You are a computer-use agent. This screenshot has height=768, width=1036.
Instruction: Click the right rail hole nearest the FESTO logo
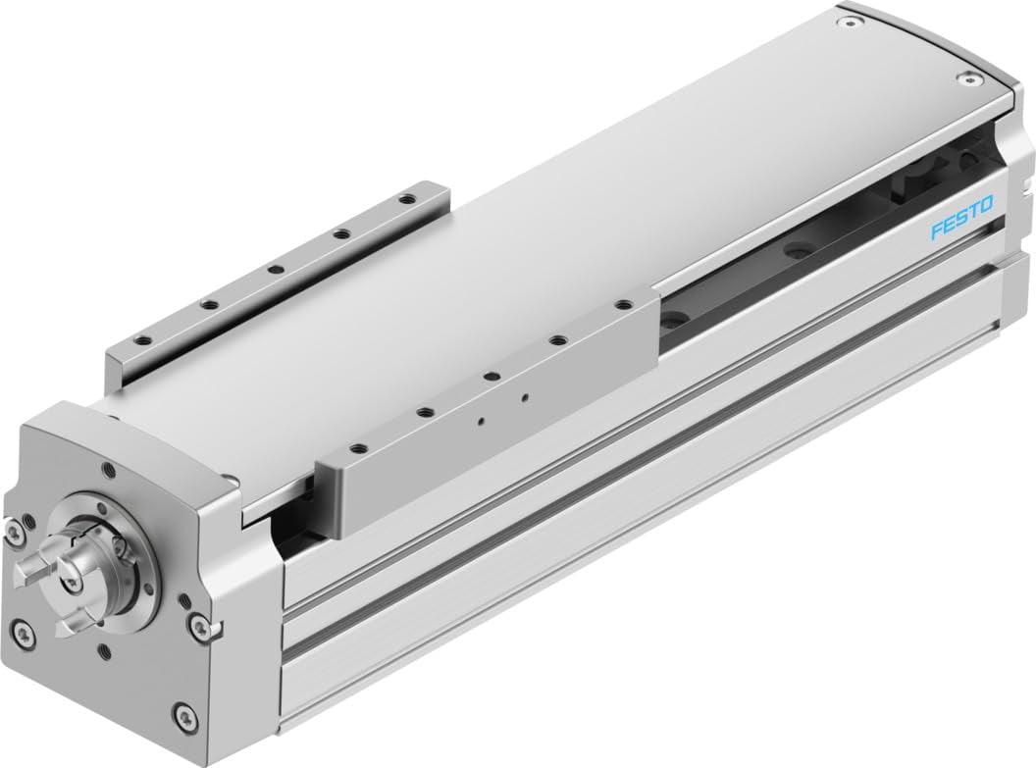(x=622, y=306)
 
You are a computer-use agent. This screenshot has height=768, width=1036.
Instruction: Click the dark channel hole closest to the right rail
(x=675, y=323)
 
